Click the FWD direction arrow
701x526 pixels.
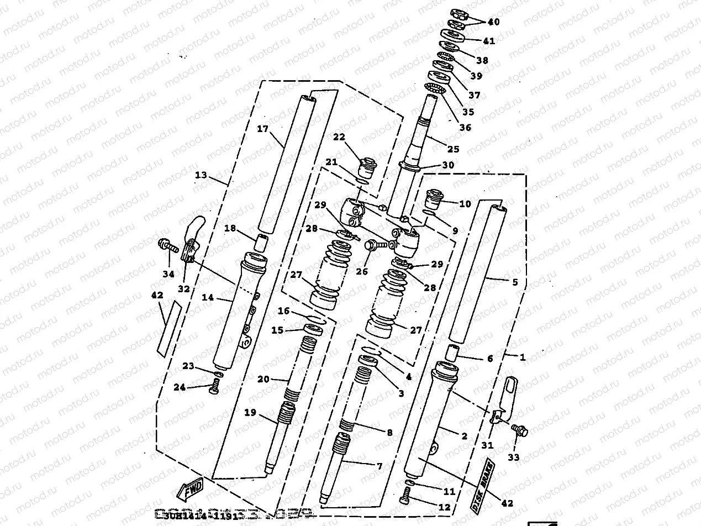[189, 489]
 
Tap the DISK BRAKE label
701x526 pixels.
[482, 485]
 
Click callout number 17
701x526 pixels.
[262, 129]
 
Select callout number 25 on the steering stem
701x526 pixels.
[453, 149]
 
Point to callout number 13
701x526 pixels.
[201, 175]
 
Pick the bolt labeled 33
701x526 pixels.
[519, 429]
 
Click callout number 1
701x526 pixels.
[522, 357]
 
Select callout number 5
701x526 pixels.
[515, 282]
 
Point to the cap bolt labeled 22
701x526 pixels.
[366, 165]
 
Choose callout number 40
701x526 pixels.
[493, 22]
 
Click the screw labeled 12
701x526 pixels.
[404, 501]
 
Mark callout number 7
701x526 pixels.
[379, 466]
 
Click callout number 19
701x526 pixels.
[250, 412]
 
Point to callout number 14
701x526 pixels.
[208, 297]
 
